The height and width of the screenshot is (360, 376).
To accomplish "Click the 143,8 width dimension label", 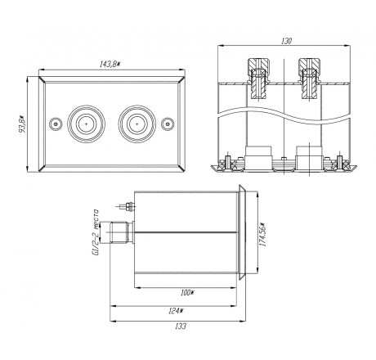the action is point(110,65).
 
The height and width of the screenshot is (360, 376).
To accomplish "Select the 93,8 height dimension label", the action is point(22,124).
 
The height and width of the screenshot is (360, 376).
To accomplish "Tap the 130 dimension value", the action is point(286,41).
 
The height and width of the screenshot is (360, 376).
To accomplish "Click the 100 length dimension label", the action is point(186,293).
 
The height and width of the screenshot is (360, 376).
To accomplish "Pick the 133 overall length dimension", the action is point(181,326).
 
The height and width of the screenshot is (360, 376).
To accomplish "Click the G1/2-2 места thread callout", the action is point(96,232).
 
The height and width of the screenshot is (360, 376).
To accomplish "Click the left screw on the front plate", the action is point(56,124).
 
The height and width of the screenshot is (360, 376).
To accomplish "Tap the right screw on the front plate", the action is point(168,124).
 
